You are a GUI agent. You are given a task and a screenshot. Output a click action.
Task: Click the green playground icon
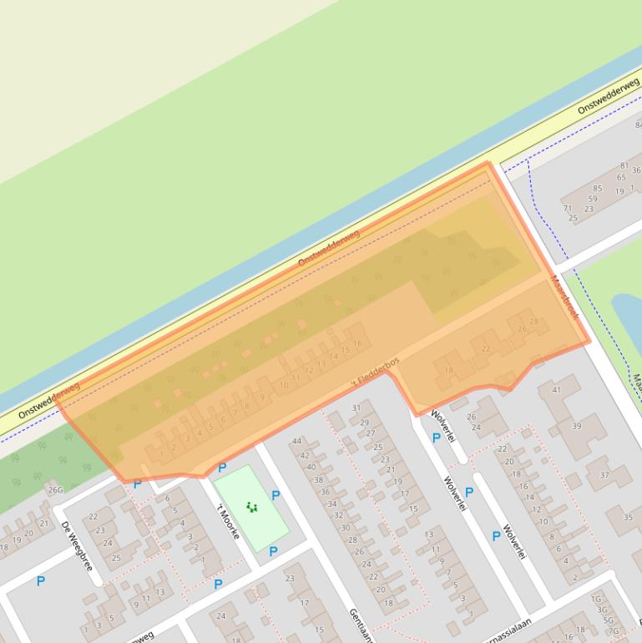tap(251, 507)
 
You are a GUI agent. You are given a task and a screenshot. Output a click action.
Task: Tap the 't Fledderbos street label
tap(375, 373)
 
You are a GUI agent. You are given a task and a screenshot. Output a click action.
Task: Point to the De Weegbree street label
tap(77, 545)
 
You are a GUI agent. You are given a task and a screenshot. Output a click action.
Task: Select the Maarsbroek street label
tap(564, 295)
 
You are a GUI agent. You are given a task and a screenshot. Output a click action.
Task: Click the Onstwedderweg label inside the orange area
tap(328, 247)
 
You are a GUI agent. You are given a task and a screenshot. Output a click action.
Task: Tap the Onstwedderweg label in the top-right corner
tap(608, 96)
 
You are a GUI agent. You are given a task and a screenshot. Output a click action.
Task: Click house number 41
tap(557, 390)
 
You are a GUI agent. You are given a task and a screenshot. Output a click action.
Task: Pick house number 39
tap(576, 426)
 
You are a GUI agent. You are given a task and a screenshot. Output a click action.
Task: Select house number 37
tap(604, 475)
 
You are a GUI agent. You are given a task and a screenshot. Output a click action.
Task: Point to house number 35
tap(628, 518)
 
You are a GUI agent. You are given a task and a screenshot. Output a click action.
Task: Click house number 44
tap(296, 441)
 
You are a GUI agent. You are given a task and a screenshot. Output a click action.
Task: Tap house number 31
tap(356, 408)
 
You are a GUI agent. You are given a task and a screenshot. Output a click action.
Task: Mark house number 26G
tap(55, 489)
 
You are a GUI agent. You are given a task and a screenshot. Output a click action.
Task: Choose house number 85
tap(598, 189)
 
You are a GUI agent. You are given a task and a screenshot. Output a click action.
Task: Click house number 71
tap(568, 209)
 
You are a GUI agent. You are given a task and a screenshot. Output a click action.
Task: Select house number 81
tap(624, 166)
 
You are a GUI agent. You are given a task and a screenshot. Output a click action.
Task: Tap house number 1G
tap(596, 599)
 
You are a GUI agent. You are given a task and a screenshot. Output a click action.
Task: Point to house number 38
tap(317, 480)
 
